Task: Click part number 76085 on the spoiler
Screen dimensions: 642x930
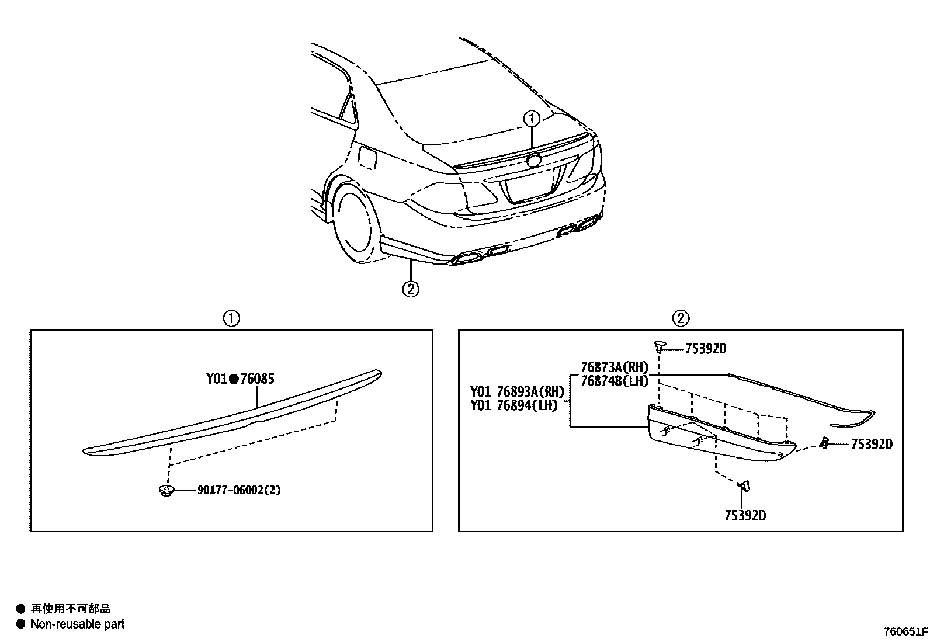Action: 257,379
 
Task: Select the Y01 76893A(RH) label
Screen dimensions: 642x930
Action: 517,391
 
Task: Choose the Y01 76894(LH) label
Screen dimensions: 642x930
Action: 514,405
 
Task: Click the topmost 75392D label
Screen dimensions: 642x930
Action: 705,349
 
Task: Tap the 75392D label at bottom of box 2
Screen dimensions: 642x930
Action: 745,515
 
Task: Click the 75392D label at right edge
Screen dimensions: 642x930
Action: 872,445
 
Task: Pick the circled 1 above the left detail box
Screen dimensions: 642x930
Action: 231,318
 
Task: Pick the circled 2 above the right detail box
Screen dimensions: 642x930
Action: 681,318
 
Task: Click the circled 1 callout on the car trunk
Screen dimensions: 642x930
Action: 532,119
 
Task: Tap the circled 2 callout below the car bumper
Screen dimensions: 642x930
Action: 411,288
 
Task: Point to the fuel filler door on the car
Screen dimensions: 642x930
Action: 367,157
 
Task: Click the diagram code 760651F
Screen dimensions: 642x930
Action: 905,632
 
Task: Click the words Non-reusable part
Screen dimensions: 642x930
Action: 77,624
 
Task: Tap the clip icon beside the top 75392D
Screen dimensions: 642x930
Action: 659,346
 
